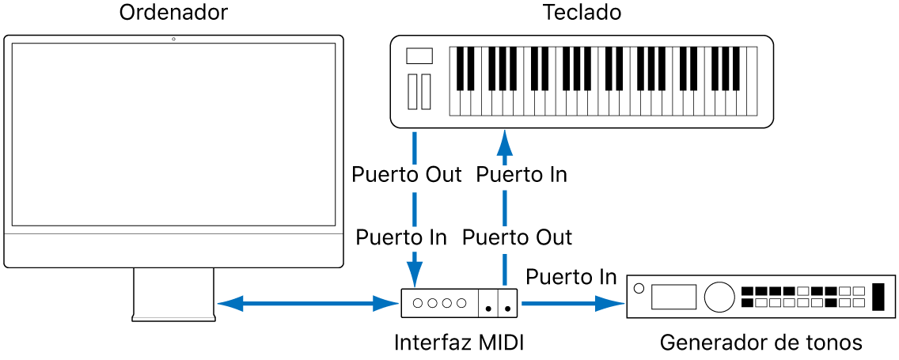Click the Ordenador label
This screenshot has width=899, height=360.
[x=173, y=13]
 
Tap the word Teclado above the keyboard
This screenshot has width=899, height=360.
[x=582, y=13]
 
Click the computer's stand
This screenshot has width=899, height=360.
[x=173, y=294]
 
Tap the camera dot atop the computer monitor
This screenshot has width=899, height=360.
[x=173, y=39]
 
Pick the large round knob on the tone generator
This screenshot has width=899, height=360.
[x=719, y=297]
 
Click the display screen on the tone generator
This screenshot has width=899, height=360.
[x=673, y=297]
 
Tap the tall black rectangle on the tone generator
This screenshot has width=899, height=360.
[x=878, y=297]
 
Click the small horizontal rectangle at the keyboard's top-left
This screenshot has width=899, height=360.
[x=419, y=55]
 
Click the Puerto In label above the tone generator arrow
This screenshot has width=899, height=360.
[x=571, y=277]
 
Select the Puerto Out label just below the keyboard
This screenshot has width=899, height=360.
[x=406, y=175]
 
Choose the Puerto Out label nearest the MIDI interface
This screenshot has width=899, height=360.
[x=517, y=237]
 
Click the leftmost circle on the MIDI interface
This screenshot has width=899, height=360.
[x=419, y=302]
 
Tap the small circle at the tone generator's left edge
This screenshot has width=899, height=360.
[x=639, y=288]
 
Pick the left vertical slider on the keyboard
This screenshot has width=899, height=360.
[x=412, y=91]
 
